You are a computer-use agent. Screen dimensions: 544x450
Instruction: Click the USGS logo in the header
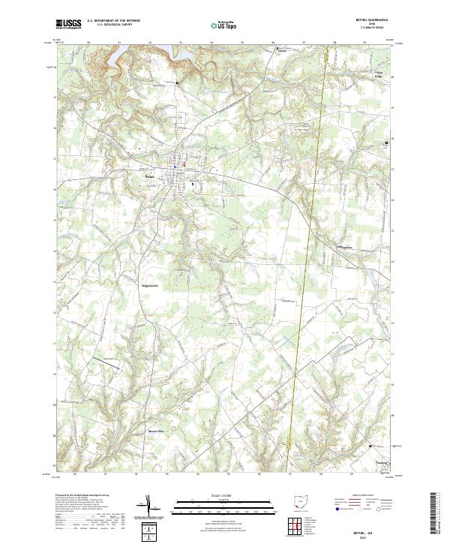(68, 25)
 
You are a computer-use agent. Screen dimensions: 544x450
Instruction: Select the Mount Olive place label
(155, 431)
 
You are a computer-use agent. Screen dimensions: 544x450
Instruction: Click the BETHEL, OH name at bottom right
(373, 527)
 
